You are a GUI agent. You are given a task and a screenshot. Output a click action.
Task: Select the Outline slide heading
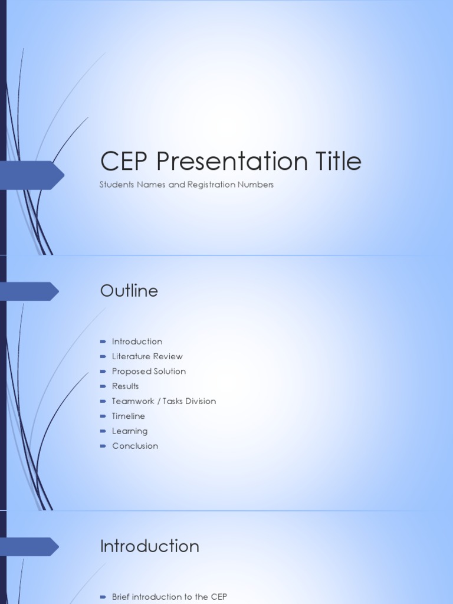click(129, 291)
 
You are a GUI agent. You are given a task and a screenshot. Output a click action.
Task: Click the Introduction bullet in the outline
click(137, 342)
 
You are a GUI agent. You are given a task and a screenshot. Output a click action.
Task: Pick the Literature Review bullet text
click(147, 356)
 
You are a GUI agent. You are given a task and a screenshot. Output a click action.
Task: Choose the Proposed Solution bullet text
click(149, 371)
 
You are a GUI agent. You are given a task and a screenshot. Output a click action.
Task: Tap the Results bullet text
click(126, 386)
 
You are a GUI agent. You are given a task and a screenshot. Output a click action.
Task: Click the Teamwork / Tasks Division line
click(164, 401)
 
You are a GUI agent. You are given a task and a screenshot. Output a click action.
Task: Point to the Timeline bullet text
click(129, 416)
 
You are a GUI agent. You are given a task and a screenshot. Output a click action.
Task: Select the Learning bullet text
click(130, 431)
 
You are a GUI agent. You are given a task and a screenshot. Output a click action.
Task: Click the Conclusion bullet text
click(135, 446)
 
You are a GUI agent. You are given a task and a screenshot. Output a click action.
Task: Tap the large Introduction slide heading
click(150, 546)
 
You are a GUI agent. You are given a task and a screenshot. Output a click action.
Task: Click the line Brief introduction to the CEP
click(169, 597)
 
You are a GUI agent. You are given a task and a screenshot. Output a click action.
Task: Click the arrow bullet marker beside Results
click(103, 386)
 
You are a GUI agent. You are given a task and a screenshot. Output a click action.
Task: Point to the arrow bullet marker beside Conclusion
click(103, 446)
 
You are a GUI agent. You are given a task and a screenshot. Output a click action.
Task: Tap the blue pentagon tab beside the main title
click(32, 175)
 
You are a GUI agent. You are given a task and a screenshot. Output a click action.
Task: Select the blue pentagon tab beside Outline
click(29, 291)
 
